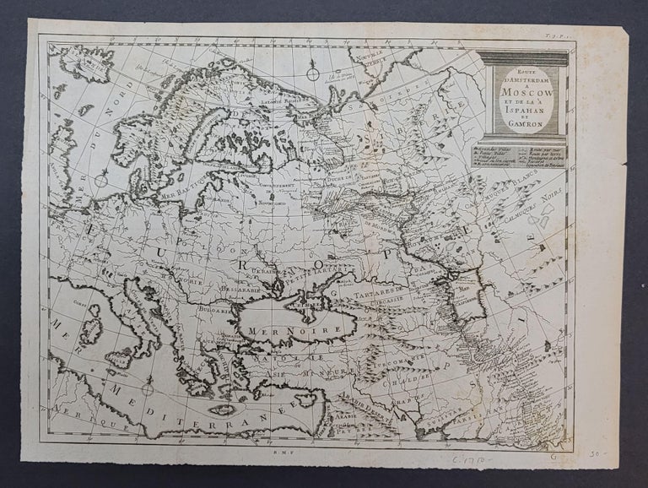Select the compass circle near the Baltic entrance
coord(101,179)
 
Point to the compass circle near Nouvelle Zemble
coord(311,74)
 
